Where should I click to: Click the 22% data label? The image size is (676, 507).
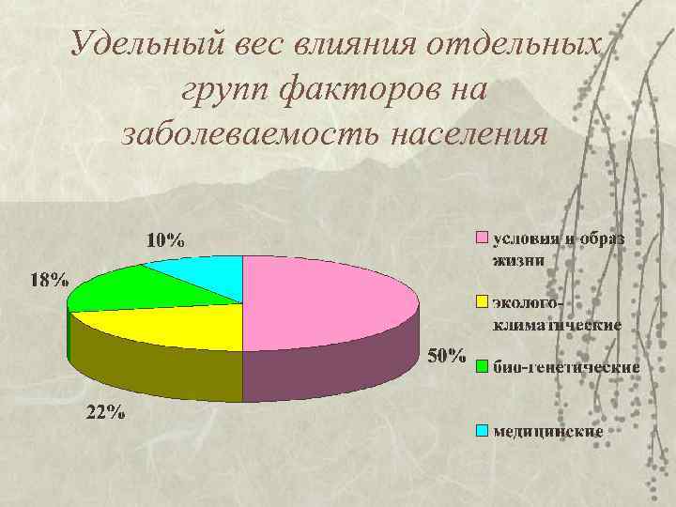tap(104, 412)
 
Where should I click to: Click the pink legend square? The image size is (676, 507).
tap(482, 238)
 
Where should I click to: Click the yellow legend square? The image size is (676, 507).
tap(482, 302)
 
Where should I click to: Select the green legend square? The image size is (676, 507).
tap(482, 366)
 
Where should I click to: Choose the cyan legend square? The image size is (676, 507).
tap(482, 431)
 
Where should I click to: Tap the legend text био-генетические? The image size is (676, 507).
tap(566, 366)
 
